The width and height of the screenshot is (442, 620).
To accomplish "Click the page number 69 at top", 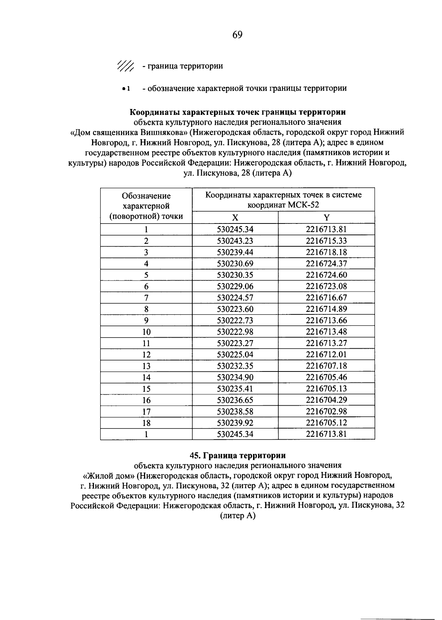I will tap(237, 35).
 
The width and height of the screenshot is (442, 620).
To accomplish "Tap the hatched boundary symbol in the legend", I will tap(126, 66).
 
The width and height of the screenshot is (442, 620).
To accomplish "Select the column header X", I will tap(235, 217).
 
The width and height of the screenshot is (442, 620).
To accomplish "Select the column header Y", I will tap(326, 217).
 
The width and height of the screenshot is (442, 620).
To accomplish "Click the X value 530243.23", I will tap(235, 241).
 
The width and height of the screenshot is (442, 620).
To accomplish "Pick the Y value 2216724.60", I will tap(326, 275).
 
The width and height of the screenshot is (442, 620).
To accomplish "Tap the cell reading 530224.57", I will tap(235, 298).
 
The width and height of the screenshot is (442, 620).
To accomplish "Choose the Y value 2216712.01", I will tap(326, 355).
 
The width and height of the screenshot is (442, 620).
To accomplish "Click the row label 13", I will tap(146, 366).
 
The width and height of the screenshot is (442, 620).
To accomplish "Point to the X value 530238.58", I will tap(235, 411).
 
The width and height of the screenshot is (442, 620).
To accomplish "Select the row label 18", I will tap(146, 423).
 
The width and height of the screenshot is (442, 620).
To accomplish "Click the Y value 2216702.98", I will tap(326, 411).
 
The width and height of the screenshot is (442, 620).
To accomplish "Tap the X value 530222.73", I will tap(235, 320).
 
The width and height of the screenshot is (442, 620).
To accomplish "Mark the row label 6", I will tap(146, 286).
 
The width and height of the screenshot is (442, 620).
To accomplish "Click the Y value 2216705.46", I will tap(326, 377).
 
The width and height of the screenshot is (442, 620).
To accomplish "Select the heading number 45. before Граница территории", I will tap(195, 455).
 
